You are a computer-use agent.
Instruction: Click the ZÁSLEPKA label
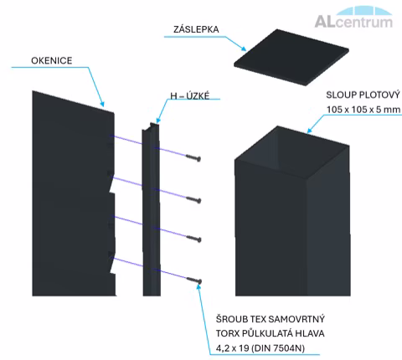(x=196, y=29)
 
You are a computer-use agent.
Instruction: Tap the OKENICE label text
(x=52, y=60)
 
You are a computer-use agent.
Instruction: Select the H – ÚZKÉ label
(x=190, y=95)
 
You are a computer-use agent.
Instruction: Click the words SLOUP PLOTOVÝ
(x=363, y=95)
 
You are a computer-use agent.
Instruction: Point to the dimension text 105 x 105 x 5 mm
(x=363, y=110)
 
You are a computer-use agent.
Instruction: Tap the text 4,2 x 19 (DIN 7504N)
(x=260, y=348)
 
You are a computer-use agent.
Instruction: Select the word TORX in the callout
(x=227, y=333)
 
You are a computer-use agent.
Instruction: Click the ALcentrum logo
(x=354, y=18)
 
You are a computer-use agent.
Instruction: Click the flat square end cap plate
(x=291, y=57)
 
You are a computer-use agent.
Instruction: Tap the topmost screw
(x=193, y=157)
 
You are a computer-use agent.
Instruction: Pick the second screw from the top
(x=193, y=199)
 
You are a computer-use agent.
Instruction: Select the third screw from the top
(x=193, y=239)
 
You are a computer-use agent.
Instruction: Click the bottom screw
(x=194, y=280)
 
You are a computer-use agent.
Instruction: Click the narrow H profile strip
(x=152, y=209)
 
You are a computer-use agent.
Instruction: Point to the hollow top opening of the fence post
(x=292, y=152)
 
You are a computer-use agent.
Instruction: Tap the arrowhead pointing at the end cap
(x=244, y=49)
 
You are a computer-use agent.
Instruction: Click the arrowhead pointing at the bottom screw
(x=198, y=287)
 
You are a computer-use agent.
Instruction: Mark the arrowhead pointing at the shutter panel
(x=102, y=104)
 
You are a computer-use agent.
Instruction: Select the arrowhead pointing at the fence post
(x=310, y=131)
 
